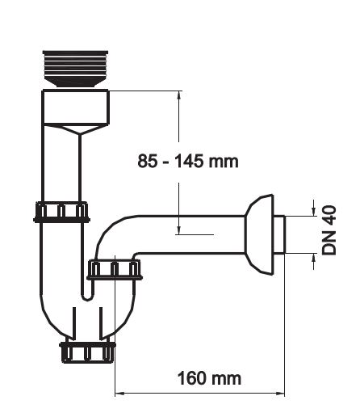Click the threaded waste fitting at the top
point(75,69)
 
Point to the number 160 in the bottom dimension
point(191,378)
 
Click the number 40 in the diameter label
point(329,216)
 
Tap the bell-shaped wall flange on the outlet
point(259,234)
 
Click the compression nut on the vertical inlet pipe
point(61,212)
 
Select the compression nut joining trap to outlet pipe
point(115,269)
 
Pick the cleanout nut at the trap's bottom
point(87,352)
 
